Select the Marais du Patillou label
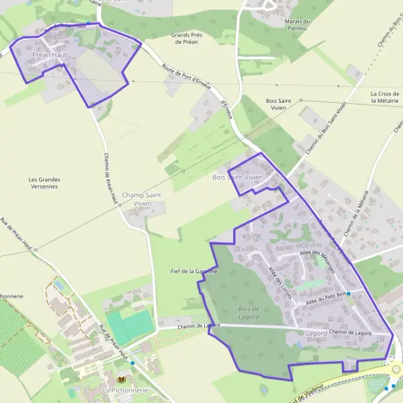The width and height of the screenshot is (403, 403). coord(296,26)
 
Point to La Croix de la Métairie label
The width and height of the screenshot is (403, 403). coord(385,97)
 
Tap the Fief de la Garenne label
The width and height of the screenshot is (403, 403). coord(194,271)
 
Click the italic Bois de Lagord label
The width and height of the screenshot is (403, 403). coord(249,312)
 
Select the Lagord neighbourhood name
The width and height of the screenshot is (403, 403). coord(316,333)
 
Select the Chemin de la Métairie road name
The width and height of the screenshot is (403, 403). coord(356,213)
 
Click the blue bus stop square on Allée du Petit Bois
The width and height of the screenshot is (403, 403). coord(349,294)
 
